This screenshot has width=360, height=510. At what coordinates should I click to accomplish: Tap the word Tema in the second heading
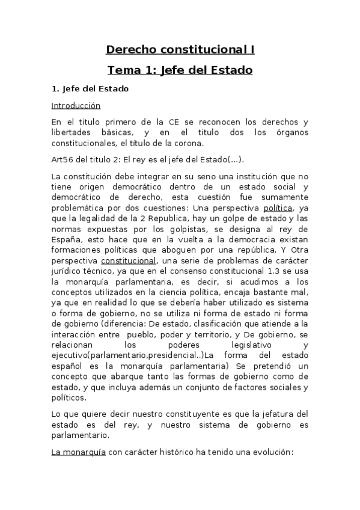coord(124,70)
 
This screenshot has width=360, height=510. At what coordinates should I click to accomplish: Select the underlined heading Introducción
coord(76,105)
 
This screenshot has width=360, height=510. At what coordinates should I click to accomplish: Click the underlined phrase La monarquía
coord(78,453)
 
